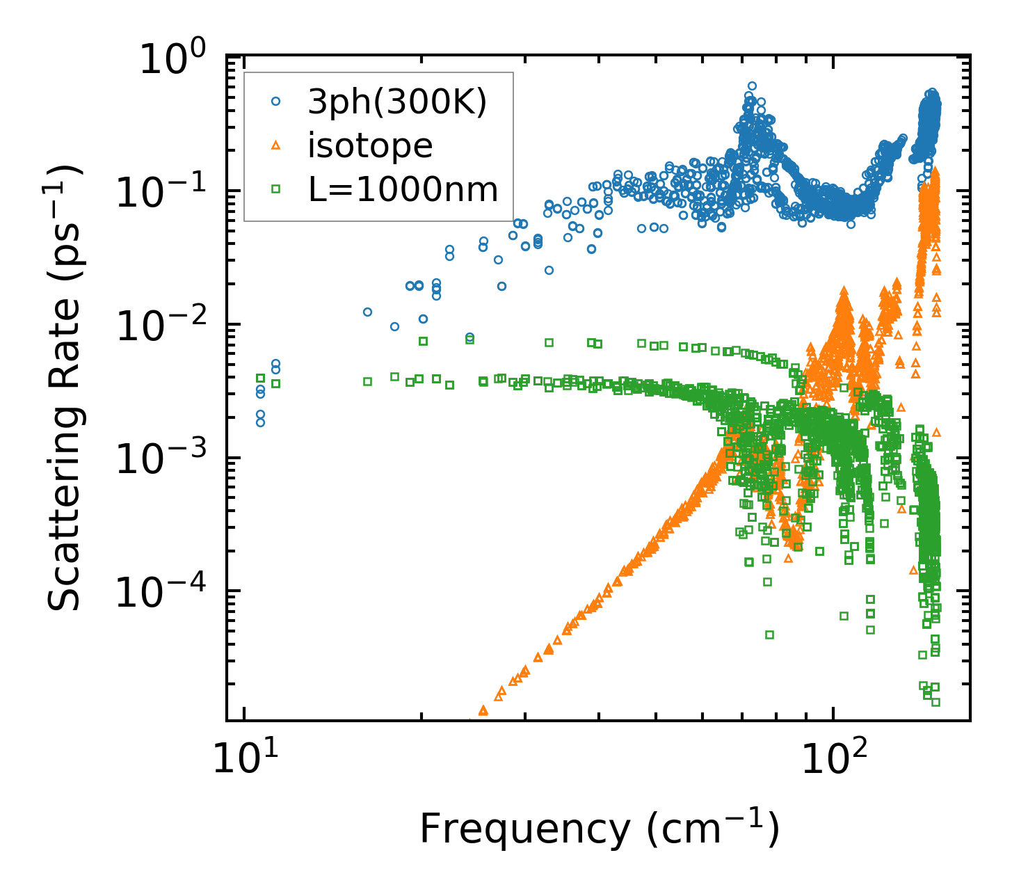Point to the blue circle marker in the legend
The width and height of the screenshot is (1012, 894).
[x=276, y=102]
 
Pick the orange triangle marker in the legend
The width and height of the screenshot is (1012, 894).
[x=276, y=145]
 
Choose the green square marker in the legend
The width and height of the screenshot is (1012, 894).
[x=276, y=189]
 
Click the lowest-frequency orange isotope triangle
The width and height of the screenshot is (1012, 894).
[x=483, y=711]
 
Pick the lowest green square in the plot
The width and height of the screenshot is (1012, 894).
[x=935, y=702]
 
